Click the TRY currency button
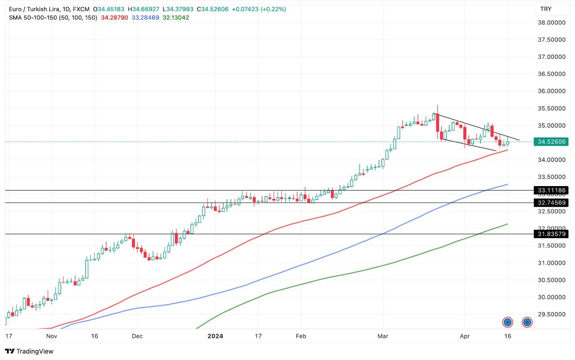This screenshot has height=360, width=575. click(545, 9)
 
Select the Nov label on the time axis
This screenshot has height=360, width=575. click(52, 336)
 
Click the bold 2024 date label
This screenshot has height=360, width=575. click(216, 336)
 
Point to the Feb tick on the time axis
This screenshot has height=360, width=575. click(301, 336)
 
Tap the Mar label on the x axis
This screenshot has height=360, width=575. click(383, 336)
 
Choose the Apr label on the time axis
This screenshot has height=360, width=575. click(464, 336)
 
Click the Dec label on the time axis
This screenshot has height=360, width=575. click(137, 336)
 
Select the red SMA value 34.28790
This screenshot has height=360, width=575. click(115, 17)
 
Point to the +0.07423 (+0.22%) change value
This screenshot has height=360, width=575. click(259, 9)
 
